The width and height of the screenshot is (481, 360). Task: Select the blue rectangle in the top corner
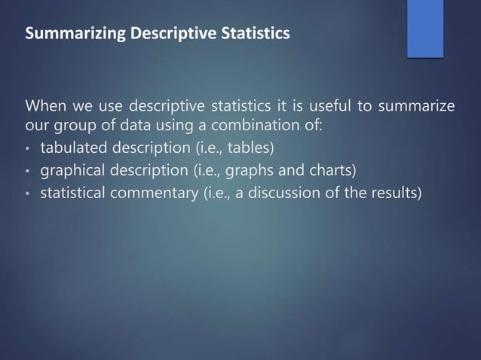(x=424, y=27)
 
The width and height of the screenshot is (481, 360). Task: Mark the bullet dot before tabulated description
(x=27, y=146)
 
